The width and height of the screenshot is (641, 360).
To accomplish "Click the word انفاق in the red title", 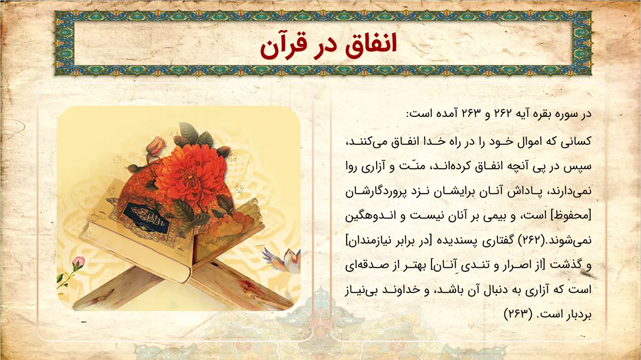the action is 371,44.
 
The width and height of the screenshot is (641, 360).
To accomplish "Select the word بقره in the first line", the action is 543,113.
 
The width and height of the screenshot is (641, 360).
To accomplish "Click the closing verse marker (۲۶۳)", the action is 518,314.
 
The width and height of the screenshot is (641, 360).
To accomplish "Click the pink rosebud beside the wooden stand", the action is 79,263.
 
